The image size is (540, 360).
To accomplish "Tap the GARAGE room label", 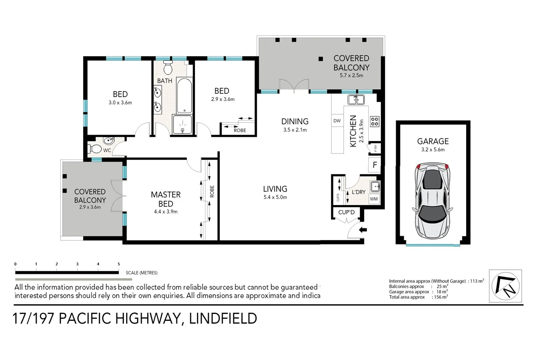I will click(x=433, y=141).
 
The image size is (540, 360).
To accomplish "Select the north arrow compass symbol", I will click(x=505, y=286).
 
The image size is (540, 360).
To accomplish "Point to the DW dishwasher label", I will click(x=337, y=121).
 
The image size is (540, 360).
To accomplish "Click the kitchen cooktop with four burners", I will click(x=375, y=122).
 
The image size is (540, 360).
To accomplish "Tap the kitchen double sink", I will click(x=356, y=100).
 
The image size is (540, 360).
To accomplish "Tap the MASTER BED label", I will click(x=165, y=199).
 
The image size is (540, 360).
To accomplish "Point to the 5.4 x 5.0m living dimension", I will click(x=275, y=197).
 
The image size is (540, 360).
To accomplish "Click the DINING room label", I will click(x=295, y=122).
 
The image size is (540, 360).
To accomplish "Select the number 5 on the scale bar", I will click(x=119, y=264).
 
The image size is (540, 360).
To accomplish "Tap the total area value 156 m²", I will click(x=440, y=297).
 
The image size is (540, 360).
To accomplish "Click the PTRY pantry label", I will click(x=375, y=148).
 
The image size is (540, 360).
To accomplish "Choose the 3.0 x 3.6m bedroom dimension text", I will click(x=120, y=103).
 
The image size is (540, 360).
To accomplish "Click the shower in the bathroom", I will click(x=182, y=125).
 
